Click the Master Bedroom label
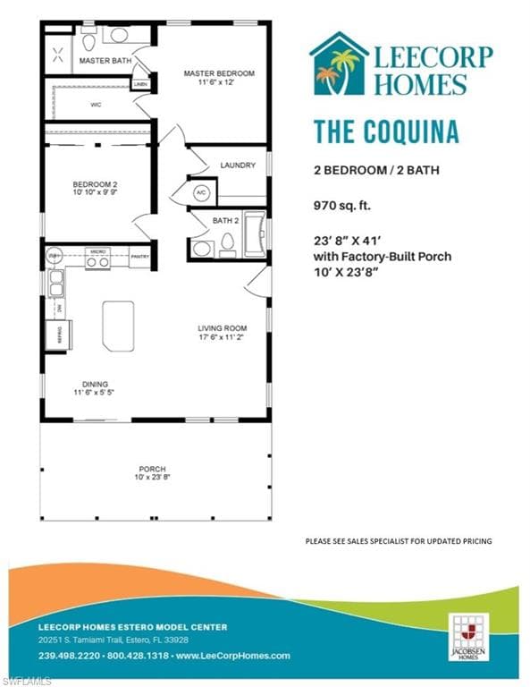pos(219,73)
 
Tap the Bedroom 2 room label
pos(95,185)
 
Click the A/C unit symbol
pos(200,192)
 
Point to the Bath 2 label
pos(225,220)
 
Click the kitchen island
pos(118,326)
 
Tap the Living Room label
pos(222,328)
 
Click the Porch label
pos(153,470)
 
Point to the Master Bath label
pos(99,61)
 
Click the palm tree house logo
pos(339,64)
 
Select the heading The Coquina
pos(385,131)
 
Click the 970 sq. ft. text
pos(341,204)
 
